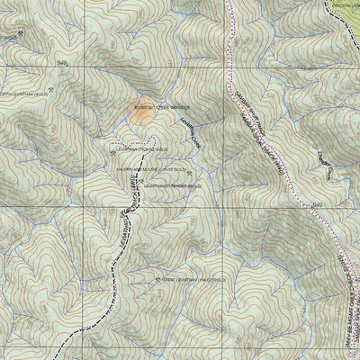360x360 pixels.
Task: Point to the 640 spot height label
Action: [317, 205]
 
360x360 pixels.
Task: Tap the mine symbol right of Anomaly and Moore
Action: [190, 169]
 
